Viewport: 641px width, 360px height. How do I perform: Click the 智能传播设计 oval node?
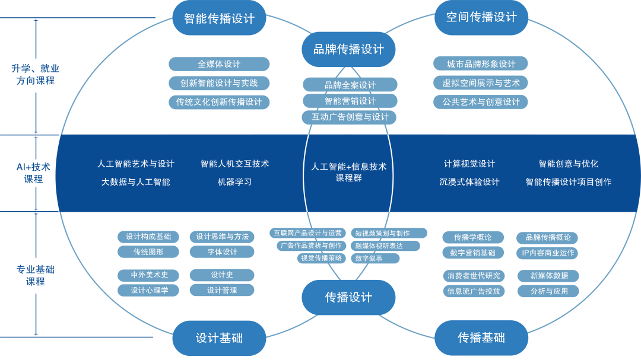[219, 18]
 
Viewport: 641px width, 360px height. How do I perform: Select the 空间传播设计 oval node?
[481, 17]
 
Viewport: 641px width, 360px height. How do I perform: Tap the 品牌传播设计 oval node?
[348, 49]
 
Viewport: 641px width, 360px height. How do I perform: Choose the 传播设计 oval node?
[348, 297]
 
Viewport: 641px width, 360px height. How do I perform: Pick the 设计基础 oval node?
[219, 338]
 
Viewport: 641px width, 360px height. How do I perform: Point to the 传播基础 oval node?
[481, 338]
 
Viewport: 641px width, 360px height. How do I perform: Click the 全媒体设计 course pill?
[219, 64]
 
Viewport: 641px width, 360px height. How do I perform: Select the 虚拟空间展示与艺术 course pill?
[481, 83]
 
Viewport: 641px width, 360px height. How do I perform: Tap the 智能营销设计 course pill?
[350, 101]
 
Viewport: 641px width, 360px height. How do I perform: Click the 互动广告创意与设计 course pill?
[350, 117]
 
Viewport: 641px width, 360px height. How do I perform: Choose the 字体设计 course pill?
[222, 252]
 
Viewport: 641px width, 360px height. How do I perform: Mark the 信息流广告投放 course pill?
[474, 291]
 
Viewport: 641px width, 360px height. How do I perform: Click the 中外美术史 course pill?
[148, 275]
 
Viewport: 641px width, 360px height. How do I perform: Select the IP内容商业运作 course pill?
[547, 253]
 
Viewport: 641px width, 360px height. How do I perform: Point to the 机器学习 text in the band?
[234, 182]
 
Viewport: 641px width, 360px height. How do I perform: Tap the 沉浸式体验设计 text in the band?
[469, 182]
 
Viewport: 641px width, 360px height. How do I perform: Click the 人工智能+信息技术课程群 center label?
[348, 172]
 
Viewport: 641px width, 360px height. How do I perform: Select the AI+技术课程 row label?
[34, 173]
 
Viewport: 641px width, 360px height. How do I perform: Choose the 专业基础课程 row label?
[35, 276]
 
